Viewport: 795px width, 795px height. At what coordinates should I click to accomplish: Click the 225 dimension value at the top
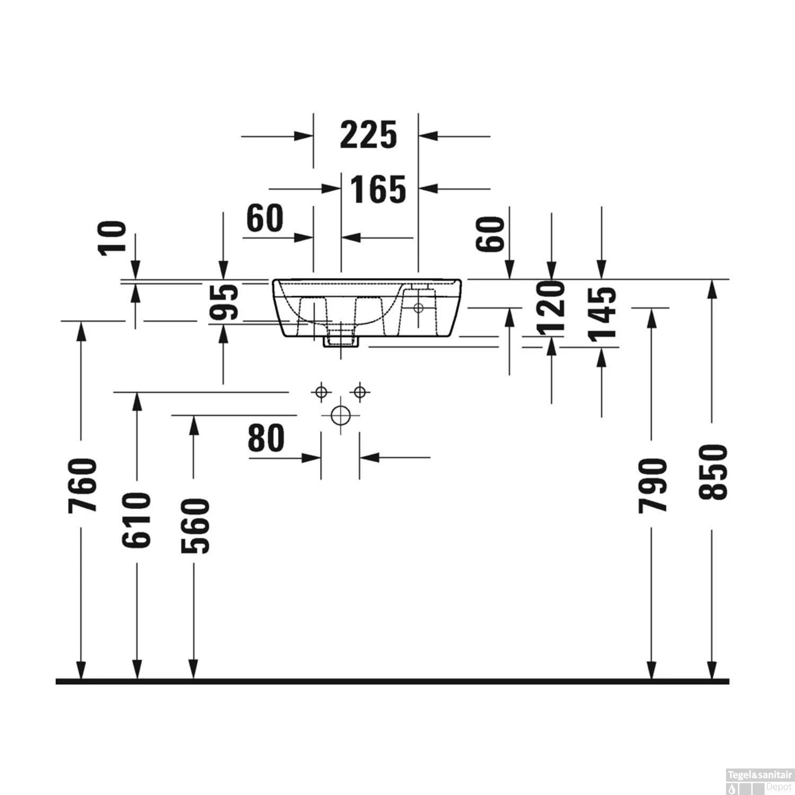[368, 135]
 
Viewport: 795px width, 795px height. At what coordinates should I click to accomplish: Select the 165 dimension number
[377, 189]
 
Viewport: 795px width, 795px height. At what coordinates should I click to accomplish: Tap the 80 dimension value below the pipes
[266, 438]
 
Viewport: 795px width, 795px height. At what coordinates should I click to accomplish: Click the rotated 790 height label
[651, 486]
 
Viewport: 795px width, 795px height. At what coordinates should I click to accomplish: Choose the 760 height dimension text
[82, 486]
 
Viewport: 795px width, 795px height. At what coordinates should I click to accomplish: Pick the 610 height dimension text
[137, 520]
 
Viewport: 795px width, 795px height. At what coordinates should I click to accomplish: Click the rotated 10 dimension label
[114, 237]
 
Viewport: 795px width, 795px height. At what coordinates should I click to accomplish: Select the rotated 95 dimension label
[223, 303]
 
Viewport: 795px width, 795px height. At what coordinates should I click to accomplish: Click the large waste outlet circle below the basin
[340, 415]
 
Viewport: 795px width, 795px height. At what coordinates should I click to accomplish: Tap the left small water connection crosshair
[321, 392]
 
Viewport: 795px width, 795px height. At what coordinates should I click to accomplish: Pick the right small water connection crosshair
[360, 392]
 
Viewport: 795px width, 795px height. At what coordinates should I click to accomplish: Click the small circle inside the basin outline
[418, 307]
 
